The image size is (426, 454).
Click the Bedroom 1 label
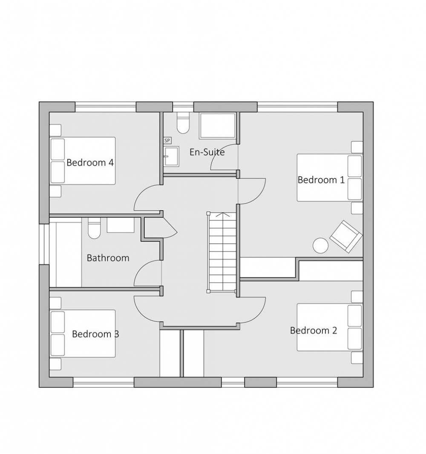pyautogui.click(x=321, y=180)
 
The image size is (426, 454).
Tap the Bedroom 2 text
pyautogui.click(x=314, y=330)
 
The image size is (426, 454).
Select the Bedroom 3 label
pyautogui.click(x=95, y=334)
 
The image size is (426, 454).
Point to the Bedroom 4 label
pyautogui.click(x=90, y=163)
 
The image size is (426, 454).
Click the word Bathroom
pyautogui.click(x=108, y=258)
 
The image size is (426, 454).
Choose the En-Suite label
pyautogui.click(x=207, y=152)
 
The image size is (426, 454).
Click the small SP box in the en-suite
pyautogui.click(x=167, y=140)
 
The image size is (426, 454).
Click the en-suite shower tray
pyautogui.click(x=218, y=125)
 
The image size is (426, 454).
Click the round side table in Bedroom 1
pyautogui.click(x=321, y=245)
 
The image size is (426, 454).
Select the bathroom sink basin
pyautogui.click(x=121, y=225)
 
